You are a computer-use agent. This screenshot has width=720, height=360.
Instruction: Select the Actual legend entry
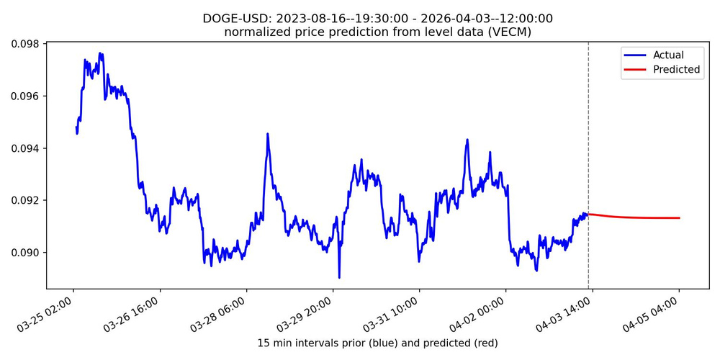[x=667, y=55]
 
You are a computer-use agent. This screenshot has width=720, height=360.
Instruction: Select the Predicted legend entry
[x=676, y=70]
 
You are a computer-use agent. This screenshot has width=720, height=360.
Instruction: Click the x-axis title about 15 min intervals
[x=377, y=343]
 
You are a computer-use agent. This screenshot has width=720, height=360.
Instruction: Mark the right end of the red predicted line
[x=679, y=217]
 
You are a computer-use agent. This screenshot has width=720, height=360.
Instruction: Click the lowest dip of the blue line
[x=339, y=277]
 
